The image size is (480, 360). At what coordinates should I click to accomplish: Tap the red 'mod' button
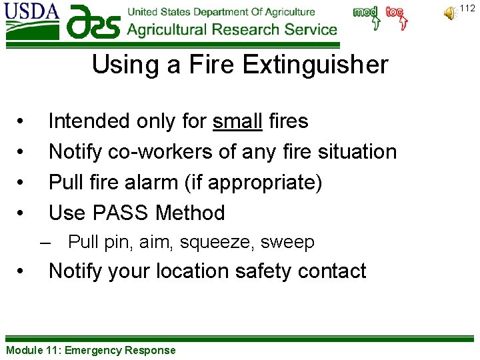pos(365,13)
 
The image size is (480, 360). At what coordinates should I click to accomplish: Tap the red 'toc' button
pos(395,13)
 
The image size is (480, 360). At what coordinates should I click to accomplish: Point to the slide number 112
pos(467,8)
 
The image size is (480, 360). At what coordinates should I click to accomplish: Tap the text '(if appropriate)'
pos(269,183)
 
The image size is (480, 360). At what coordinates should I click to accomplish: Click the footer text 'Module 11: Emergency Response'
pos(91,350)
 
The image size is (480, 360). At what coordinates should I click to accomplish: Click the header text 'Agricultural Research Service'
pos(232,29)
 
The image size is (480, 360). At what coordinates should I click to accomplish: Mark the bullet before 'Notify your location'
pos(22,271)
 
